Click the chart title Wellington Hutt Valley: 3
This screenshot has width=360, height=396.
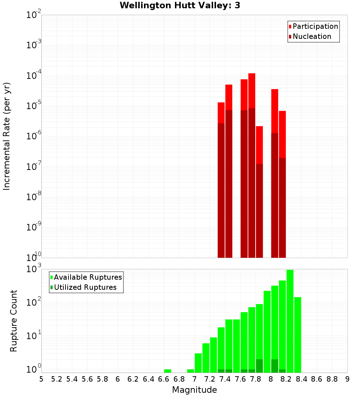tap(180, 5)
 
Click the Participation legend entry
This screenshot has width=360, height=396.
tap(315, 26)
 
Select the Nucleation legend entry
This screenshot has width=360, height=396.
tap(312, 36)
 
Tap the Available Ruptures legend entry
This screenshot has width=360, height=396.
tap(87, 277)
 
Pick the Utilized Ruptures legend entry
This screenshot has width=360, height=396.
tap(85, 287)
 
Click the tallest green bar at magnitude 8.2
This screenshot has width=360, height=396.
tap(290, 320)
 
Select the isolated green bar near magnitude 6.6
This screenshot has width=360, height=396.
tap(167, 371)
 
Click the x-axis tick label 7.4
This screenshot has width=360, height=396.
tap(225, 379)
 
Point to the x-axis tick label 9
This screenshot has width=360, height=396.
tap(347, 379)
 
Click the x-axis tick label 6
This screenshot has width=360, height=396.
tap(118, 379)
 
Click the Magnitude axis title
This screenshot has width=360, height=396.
tap(194, 390)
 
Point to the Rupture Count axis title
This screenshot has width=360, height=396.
tap(14, 321)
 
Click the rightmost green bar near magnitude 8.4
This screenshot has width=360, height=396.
tap(297, 335)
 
